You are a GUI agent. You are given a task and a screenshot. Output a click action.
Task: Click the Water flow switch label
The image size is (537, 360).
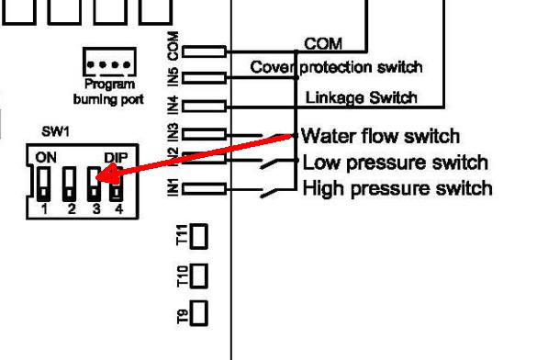click(380, 136)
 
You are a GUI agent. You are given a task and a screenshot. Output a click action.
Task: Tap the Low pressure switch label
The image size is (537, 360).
click(396, 163)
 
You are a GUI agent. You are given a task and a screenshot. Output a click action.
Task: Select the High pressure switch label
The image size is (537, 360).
click(397, 188)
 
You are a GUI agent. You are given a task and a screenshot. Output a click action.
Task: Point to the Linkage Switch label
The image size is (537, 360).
click(361, 97)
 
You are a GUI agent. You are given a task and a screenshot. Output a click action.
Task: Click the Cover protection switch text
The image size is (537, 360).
click(336, 67)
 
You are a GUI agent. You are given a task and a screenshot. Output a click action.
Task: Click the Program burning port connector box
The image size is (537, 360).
click(109, 62)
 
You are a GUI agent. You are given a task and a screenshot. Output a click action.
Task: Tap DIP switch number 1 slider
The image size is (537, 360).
click(43, 184)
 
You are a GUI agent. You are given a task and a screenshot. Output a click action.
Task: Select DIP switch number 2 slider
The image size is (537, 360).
click(70, 184)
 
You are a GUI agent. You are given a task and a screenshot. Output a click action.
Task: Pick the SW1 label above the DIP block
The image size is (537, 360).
click(55, 131)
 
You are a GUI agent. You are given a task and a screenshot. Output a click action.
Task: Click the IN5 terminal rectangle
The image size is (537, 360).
click(204, 78)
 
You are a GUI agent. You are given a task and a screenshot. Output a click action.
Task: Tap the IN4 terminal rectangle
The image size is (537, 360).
click(204, 107)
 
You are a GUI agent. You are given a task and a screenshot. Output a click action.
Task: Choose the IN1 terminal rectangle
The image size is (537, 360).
click(204, 189)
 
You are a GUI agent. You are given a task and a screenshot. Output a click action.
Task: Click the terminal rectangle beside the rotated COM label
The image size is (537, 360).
click(204, 51)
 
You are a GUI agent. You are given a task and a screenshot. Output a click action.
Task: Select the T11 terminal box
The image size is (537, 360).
click(198, 236)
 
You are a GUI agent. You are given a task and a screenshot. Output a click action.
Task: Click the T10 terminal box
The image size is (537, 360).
click(198, 276)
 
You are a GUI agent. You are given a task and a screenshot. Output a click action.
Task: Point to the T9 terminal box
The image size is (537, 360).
click(198, 313)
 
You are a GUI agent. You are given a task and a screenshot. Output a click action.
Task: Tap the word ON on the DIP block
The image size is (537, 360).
click(46, 158)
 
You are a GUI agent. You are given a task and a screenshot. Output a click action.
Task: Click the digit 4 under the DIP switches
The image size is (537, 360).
click(118, 208)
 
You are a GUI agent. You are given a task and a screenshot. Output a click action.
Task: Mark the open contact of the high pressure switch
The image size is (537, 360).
click(270, 193)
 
